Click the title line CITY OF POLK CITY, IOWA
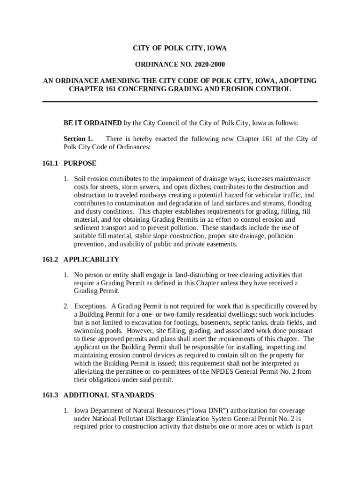180,48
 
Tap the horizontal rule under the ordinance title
180,102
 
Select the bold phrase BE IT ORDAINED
93,123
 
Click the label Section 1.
78,139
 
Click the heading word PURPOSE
80,163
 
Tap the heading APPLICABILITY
92,260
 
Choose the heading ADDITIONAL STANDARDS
109,395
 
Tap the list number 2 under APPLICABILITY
66,307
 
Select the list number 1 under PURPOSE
66,179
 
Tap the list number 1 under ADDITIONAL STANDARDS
66,411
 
